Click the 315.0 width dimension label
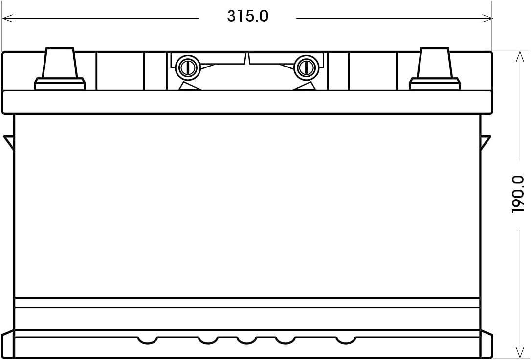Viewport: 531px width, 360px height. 247,16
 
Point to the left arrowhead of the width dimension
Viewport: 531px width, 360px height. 7,19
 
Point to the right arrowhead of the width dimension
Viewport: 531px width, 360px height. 488,19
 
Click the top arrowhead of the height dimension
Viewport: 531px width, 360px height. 517,55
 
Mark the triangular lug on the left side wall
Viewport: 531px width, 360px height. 9,142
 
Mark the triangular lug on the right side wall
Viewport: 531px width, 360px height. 485,142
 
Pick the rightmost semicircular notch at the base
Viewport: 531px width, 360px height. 345,339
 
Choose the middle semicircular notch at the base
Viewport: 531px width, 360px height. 246,339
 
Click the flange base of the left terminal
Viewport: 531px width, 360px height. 60,85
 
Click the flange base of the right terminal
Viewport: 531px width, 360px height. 434,85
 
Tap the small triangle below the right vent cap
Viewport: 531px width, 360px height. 306,86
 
